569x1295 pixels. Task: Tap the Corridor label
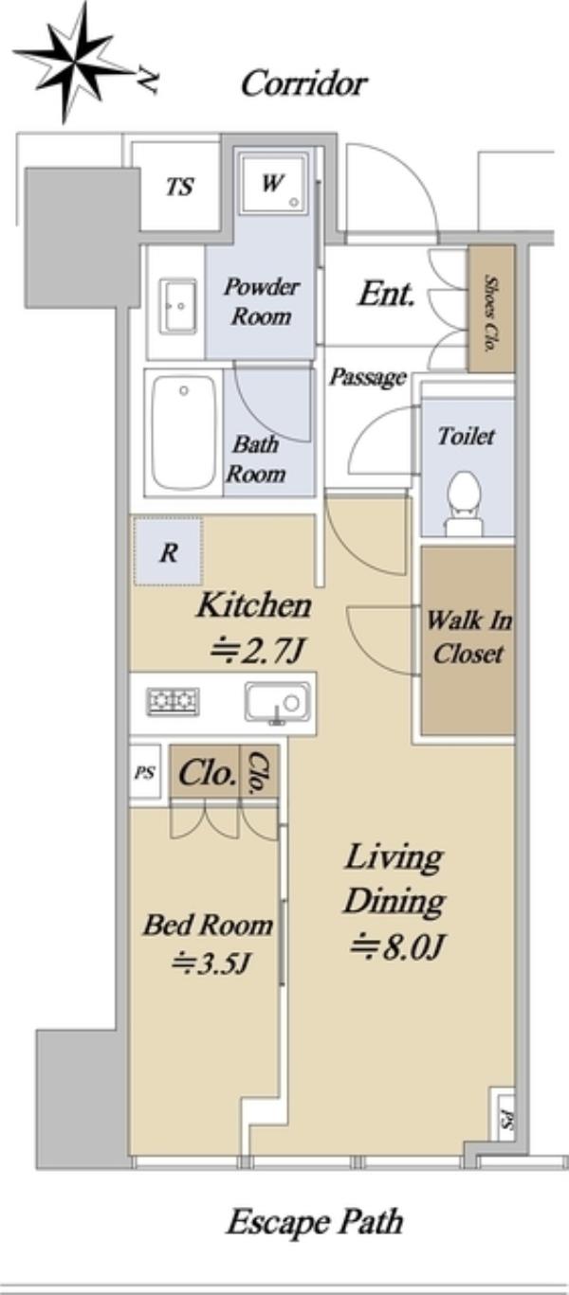coord(303,83)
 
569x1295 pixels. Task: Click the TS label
coord(179,187)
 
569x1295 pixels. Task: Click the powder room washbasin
coord(178,306)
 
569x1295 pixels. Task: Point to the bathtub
coord(184,432)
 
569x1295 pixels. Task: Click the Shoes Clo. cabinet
coord(491,309)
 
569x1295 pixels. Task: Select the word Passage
coord(368,378)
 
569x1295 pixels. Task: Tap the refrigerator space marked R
coord(169,551)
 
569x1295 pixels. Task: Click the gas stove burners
coord(174,702)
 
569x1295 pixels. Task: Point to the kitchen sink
coord(277,703)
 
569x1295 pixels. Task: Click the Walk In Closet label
coord(468,638)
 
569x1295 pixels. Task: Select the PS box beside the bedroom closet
coord(145,772)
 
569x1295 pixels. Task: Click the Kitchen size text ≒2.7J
coord(255,652)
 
